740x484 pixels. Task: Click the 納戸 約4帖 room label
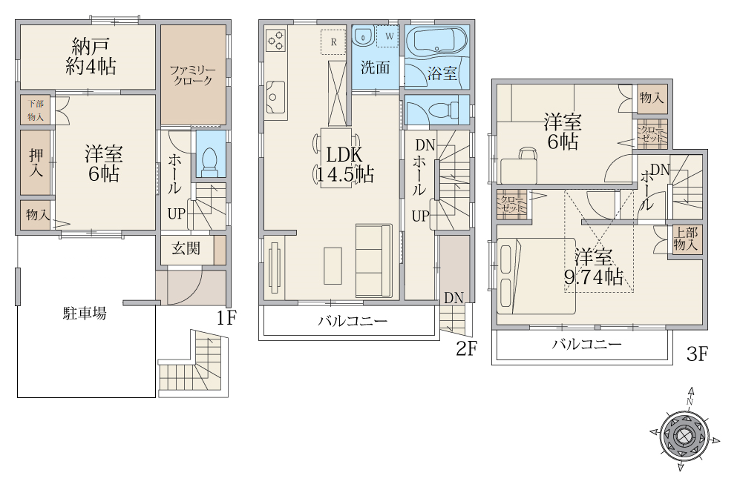tap(91, 56)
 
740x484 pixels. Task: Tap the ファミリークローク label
tap(192, 76)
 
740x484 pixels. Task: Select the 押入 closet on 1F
tap(36, 162)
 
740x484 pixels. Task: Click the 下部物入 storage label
tap(36, 110)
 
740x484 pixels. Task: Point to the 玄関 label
tap(186, 248)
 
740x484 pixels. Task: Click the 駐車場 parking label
tap(85, 314)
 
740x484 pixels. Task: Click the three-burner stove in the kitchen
tap(276, 40)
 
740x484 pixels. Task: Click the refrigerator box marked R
tap(334, 42)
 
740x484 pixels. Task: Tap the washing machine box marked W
tap(389, 36)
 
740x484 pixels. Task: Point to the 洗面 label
tap(375, 68)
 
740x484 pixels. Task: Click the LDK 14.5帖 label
tap(345, 165)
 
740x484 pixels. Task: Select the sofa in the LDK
tap(374, 260)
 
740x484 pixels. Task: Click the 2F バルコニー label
tap(352, 322)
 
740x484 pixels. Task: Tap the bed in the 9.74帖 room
tap(536, 276)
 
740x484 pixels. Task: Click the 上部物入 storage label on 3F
tap(685, 239)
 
